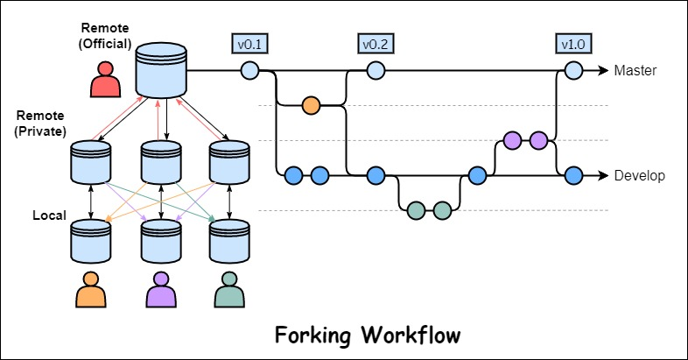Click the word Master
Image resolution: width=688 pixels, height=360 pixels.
point(635,70)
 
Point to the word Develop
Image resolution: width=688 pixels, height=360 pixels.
point(640,175)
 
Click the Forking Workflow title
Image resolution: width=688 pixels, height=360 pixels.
point(367,335)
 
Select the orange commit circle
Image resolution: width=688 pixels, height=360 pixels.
point(310,106)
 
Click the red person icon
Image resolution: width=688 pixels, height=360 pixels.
point(106,80)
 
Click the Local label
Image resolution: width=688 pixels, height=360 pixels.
point(50,215)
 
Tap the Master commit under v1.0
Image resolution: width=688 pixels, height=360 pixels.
point(573,70)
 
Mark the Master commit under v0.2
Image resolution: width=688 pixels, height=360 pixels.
point(376,70)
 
